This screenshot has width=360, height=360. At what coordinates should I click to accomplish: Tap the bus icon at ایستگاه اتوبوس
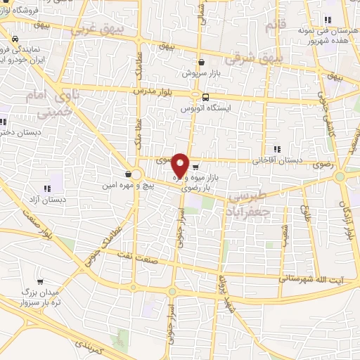coord(205,97)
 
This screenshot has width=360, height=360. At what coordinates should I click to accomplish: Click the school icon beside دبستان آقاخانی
coord(276,149)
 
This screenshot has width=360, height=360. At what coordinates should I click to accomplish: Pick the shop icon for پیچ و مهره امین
coord(127,174)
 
